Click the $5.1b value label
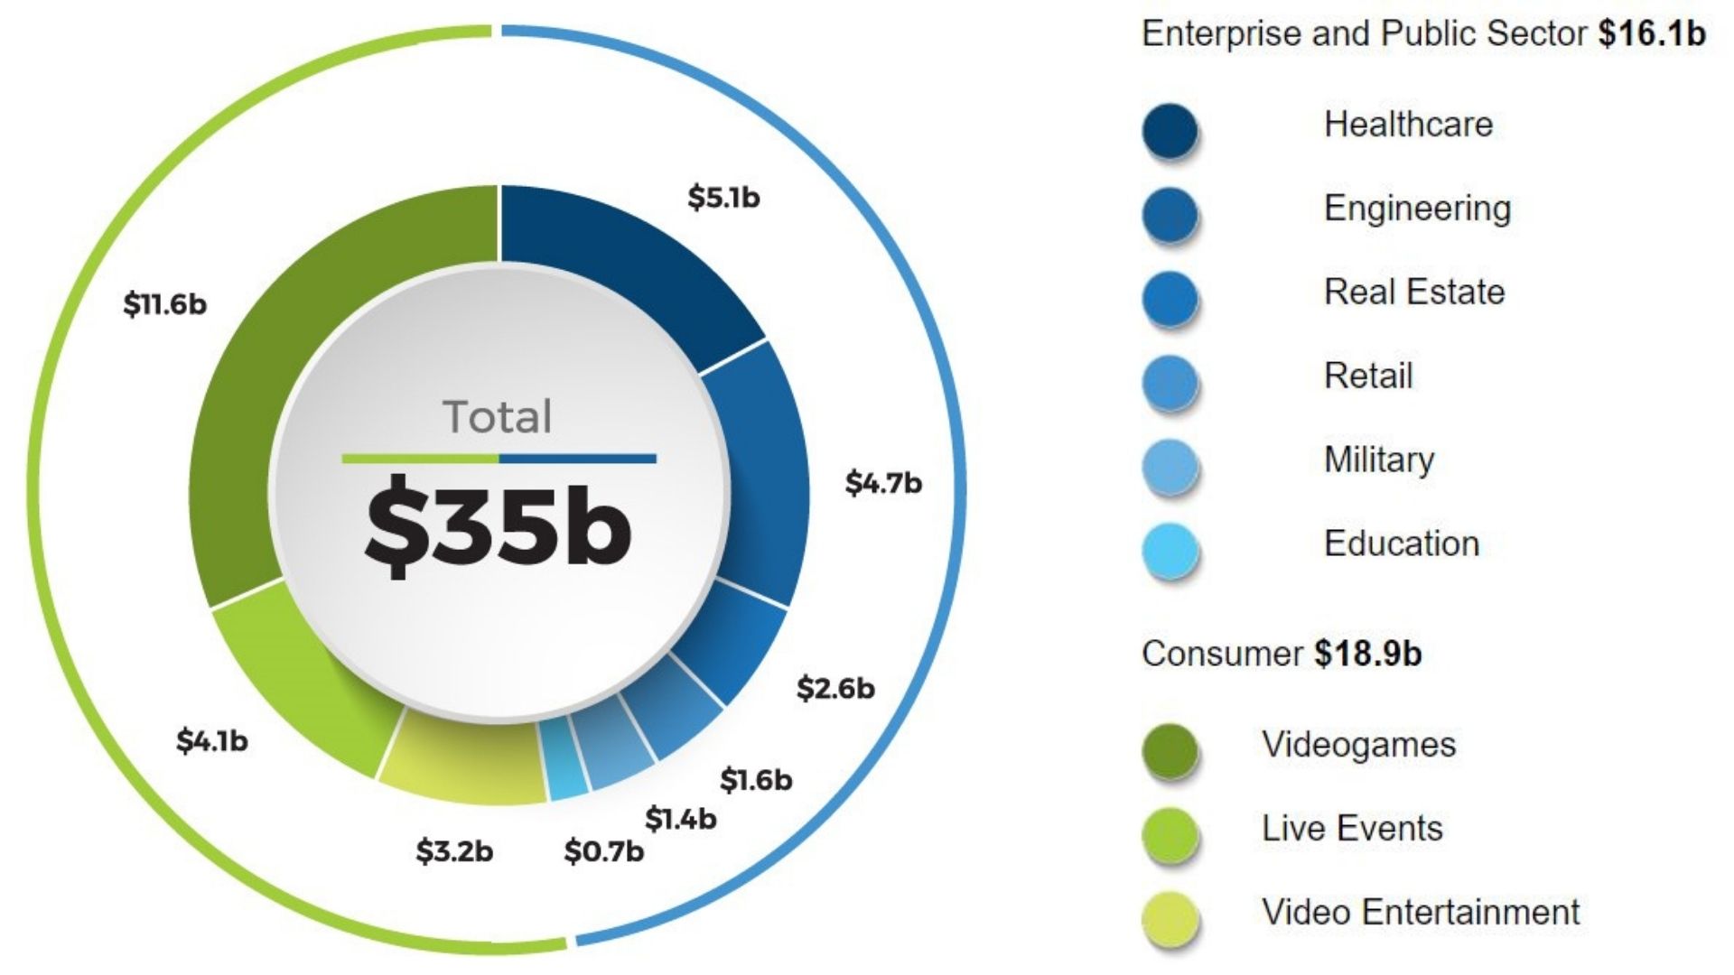click(x=723, y=197)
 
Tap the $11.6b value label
click(x=165, y=304)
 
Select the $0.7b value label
click(x=603, y=850)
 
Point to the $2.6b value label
click(x=835, y=688)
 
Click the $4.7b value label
click(x=883, y=483)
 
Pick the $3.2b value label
click(x=454, y=850)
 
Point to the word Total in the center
click(x=498, y=417)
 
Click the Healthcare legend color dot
click(x=1170, y=130)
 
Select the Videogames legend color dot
click(x=1170, y=749)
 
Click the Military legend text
click(x=1378, y=460)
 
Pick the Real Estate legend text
click(x=1413, y=292)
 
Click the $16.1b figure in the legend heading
click(x=1651, y=33)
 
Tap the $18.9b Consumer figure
click(x=1367, y=653)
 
